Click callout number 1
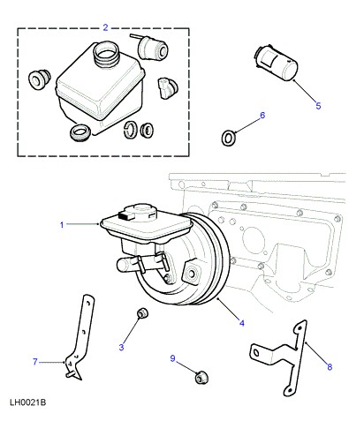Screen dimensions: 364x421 coord(62,225)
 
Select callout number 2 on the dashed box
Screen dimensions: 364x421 coord(106,27)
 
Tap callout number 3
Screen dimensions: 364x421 coord(121,347)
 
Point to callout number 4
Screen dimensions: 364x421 coord(242,323)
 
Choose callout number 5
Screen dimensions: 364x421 coord(318,106)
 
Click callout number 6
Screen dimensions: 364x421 coord(262,115)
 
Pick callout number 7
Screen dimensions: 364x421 coord(35,362)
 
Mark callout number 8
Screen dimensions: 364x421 coord(330,367)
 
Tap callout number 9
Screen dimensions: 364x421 coord(172,358)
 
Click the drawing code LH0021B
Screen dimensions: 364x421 coord(28,402)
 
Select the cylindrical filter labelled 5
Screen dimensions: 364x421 coord(277,63)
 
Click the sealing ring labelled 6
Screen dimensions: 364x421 coord(228,138)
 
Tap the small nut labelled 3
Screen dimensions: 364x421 coord(142,313)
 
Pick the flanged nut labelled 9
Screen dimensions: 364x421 coord(201,377)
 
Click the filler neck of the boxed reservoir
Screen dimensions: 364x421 coord(105,54)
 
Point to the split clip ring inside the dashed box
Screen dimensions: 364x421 coord(131,130)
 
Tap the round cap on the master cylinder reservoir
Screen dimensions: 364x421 coord(140,210)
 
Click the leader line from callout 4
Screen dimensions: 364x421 coord(228,309)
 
